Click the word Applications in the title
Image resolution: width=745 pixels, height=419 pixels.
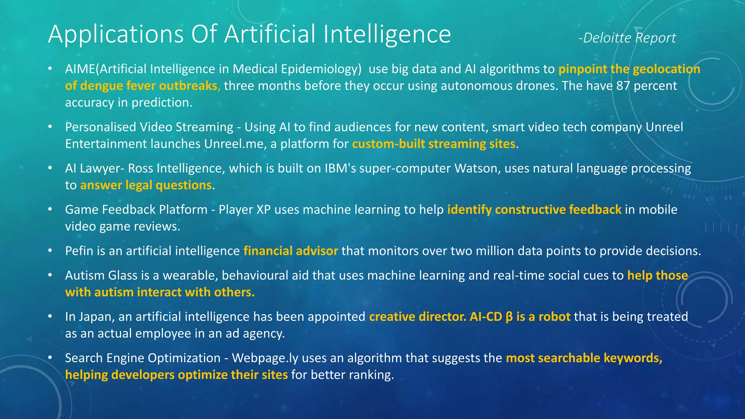point(116,35)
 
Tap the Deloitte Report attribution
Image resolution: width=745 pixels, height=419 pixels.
point(627,38)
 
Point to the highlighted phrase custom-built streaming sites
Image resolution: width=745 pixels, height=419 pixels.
point(434,144)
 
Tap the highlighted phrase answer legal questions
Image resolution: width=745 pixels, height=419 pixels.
point(146,185)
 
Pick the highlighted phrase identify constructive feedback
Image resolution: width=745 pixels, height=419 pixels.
point(534,209)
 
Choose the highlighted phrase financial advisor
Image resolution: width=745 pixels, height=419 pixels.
point(291,251)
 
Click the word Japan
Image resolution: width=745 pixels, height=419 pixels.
point(97,317)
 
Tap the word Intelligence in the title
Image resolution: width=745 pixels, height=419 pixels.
point(387,35)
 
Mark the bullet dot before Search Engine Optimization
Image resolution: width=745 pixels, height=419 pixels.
point(50,358)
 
